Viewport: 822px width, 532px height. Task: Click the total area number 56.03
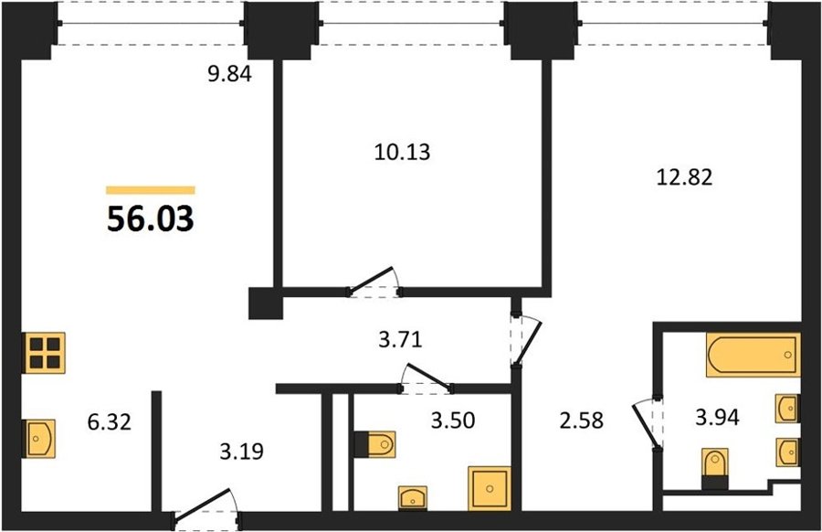[151, 218]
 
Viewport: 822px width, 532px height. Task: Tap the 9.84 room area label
[229, 74]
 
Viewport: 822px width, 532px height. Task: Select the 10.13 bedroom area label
[402, 152]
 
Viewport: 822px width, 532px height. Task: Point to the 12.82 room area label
[685, 177]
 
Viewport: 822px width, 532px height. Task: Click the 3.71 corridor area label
[400, 340]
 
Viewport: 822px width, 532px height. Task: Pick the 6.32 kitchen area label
[109, 421]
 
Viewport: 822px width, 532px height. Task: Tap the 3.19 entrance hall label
[242, 452]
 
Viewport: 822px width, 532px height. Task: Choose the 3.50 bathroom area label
[453, 420]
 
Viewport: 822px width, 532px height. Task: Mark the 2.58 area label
[582, 420]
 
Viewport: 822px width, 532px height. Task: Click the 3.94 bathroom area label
[717, 418]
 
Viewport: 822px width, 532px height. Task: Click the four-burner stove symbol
[44, 353]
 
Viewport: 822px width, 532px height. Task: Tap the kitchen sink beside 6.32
[38, 438]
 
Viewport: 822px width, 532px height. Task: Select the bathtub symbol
[753, 355]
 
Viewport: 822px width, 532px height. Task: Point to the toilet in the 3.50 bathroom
[374, 445]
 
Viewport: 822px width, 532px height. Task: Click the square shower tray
[490, 488]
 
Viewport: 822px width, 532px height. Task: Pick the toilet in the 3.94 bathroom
[715, 469]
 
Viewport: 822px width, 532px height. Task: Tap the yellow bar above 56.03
[151, 190]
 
